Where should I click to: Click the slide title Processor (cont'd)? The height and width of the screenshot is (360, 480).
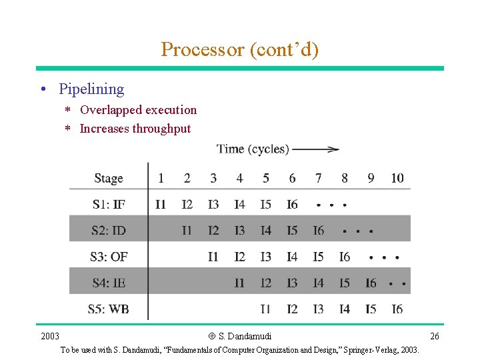coord(239,49)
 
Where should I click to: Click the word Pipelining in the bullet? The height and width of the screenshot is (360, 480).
coord(91,89)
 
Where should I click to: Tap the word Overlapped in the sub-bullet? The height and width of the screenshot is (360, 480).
coord(108,110)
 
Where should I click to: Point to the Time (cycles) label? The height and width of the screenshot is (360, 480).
coord(253,149)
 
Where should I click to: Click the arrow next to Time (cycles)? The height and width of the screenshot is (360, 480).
coord(316,149)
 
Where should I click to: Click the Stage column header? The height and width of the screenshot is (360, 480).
coord(109,178)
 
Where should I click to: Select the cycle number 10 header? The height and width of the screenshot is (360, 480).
coord(397,178)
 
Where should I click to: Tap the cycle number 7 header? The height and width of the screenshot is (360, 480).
coord(319,178)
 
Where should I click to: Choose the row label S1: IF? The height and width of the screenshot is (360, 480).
coord(109,205)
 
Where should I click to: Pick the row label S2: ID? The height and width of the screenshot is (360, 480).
coord(109,231)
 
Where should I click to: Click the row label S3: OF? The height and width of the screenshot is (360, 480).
coord(109,257)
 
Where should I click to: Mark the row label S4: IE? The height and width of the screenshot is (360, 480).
coord(109,283)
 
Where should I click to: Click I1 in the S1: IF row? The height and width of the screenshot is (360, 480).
coord(161,205)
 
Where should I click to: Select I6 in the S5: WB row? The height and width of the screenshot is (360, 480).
coord(397,309)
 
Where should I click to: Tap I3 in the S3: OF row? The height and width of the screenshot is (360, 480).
coord(266,257)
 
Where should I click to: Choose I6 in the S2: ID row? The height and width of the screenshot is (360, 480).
coord(319,231)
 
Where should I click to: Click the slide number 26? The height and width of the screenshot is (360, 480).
coord(435,336)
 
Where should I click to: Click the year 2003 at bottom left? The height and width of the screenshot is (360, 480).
coord(50,336)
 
